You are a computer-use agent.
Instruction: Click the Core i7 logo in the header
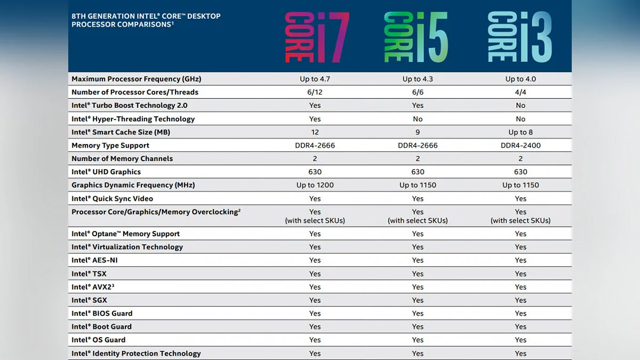tap(317, 36)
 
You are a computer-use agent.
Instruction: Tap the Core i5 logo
tap(416, 36)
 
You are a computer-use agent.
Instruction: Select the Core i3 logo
tap(519, 36)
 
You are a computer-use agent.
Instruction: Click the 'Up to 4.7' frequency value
tap(315, 79)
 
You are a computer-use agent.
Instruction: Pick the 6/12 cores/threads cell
tap(315, 92)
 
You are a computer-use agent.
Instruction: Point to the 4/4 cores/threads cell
tap(521, 92)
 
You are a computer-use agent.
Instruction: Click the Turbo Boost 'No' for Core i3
tap(521, 106)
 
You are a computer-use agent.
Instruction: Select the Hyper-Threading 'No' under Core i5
tap(418, 119)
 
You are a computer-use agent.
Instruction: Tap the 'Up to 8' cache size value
tap(521, 132)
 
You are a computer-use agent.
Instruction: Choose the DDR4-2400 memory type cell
tap(521, 146)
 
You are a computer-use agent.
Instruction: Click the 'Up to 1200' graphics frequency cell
tap(315, 185)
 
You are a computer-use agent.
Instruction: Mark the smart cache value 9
tap(418, 132)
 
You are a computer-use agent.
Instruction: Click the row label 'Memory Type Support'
tap(110, 146)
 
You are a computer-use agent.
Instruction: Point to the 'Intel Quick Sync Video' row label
tap(112, 198)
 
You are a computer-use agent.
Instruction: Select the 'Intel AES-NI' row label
tap(94, 260)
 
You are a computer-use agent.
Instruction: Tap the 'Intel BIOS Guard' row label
tap(102, 314)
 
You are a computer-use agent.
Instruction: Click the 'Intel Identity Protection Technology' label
tap(136, 354)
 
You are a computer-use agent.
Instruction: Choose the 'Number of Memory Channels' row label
tap(122, 158)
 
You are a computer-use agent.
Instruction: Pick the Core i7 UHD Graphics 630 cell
tap(315, 172)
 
